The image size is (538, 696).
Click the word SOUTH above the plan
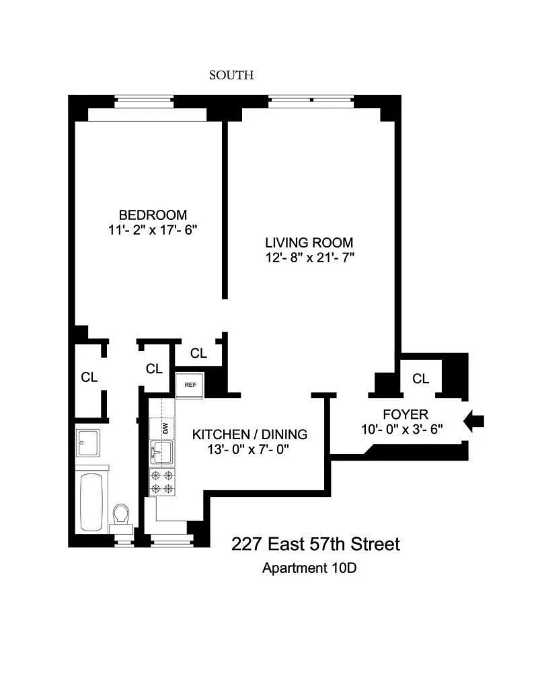tap(231, 75)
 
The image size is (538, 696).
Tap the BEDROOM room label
tap(153, 215)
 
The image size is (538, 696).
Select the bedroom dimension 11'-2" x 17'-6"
tap(153, 230)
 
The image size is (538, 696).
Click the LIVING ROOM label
tap(309, 242)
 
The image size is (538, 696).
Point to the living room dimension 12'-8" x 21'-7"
tap(309, 258)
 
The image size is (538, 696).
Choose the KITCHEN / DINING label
tap(249, 434)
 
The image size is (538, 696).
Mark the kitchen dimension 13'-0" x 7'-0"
tap(248, 449)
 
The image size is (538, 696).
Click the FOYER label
tap(406, 415)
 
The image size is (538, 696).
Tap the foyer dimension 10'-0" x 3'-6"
tap(401, 429)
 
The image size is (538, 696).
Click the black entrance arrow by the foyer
tap(473, 421)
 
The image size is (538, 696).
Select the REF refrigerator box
tap(190, 385)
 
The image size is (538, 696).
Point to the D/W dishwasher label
tap(165, 428)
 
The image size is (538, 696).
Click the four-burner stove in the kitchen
tap(161, 482)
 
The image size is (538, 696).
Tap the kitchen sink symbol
tap(161, 452)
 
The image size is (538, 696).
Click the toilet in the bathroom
tap(121, 518)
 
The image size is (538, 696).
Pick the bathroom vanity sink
tap(87, 443)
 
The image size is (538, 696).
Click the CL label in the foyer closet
tap(420, 379)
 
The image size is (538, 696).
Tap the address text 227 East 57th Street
tap(315, 544)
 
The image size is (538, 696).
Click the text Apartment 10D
tap(309, 568)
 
